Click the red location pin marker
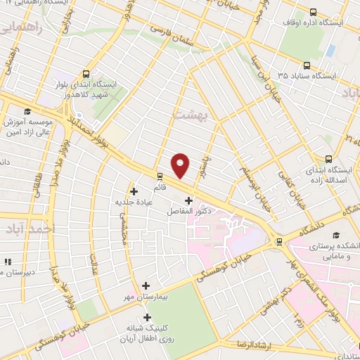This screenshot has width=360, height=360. click(x=181, y=165)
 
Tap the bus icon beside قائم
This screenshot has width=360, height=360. click(x=160, y=176)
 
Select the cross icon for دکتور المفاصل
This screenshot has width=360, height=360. click(x=188, y=200)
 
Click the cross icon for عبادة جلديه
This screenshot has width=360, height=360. click(x=134, y=191)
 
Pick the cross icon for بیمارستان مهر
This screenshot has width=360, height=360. click(x=146, y=285)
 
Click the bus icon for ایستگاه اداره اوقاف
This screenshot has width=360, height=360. click(x=314, y=11)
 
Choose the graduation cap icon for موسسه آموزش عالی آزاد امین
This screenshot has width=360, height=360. click(x=27, y=111)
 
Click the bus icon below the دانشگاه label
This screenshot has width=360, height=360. click(x=281, y=242)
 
